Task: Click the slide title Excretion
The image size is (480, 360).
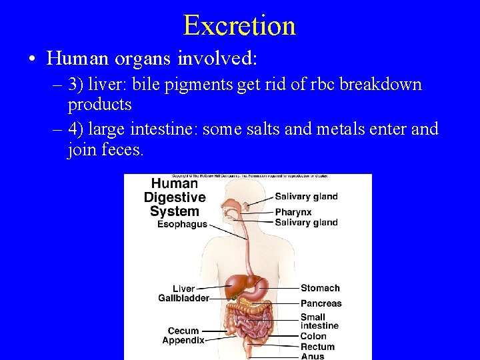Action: point(239,25)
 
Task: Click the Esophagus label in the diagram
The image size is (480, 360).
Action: point(182,225)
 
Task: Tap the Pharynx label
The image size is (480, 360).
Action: point(293,212)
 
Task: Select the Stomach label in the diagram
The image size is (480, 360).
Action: point(320,288)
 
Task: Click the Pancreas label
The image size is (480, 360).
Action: point(321,303)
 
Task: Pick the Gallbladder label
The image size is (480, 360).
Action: point(183,298)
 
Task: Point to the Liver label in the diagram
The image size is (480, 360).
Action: point(184,289)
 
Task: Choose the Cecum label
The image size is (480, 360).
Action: point(183,331)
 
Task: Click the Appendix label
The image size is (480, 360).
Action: point(183,340)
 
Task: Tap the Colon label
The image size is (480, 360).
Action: point(313,337)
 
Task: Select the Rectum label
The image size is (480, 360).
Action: point(317,347)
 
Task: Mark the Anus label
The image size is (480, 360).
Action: point(312,356)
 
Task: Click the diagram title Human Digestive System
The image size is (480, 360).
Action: point(175,197)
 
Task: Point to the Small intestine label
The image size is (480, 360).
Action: point(319,321)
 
